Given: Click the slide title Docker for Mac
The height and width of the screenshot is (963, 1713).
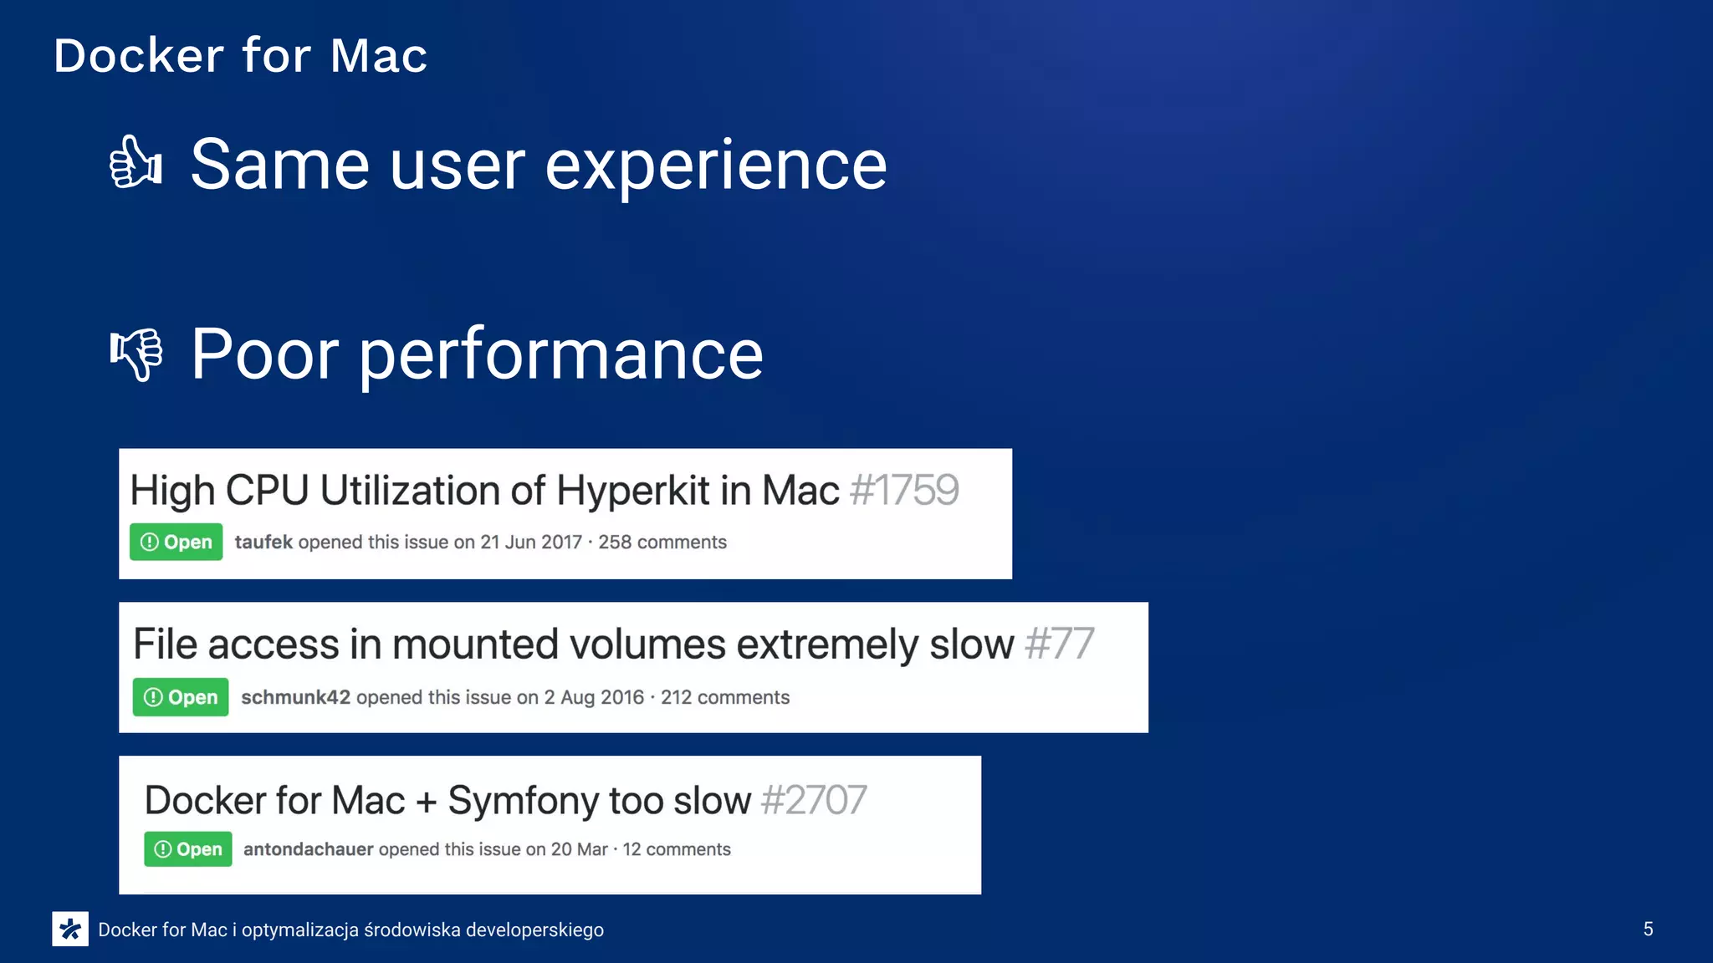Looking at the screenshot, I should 240,56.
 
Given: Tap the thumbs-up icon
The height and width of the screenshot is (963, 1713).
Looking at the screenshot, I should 136,162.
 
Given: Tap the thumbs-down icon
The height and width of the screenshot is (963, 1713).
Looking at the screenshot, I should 136,354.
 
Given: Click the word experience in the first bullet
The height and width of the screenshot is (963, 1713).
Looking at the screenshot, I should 716,166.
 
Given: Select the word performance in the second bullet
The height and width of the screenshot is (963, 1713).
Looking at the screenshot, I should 560,354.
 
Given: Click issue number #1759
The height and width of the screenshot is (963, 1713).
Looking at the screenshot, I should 904,490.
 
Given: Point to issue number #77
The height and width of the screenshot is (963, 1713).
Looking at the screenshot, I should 1059,644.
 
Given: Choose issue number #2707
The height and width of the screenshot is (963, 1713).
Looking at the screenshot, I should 814,800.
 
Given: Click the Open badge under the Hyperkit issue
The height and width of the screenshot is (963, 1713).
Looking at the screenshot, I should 176,542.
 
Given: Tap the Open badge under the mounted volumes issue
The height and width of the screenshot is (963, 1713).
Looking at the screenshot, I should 181,697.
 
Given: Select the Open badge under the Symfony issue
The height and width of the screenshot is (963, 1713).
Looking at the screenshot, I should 188,849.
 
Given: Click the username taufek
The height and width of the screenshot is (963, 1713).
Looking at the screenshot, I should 263,542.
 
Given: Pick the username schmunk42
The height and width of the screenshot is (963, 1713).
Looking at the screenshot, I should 295,697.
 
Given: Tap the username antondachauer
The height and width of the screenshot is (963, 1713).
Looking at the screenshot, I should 308,849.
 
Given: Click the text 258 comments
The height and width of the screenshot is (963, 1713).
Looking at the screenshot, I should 662,542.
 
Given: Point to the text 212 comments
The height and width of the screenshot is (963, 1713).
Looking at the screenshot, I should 725,697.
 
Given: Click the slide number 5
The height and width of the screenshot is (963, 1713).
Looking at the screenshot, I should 1648,929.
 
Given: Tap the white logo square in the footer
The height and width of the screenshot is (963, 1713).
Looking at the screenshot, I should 70,929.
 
